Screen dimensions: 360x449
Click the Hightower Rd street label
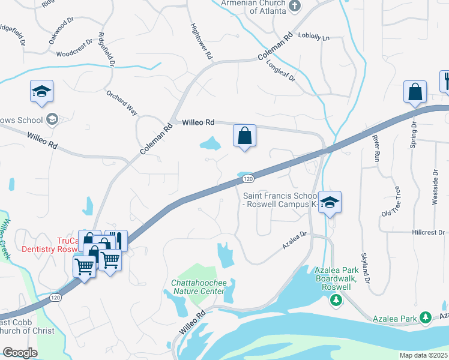click(201, 41)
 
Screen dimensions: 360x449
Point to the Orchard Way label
click(122, 103)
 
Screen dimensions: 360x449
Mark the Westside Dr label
click(435, 187)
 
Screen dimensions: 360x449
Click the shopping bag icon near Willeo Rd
click(245, 136)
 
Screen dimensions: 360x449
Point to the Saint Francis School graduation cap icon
click(330, 202)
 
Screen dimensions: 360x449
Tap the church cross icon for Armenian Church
click(294, 5)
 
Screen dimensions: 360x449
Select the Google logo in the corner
click(20, 353)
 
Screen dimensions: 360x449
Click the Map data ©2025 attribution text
click(423, 355)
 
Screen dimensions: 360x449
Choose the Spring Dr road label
click(414, 137)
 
